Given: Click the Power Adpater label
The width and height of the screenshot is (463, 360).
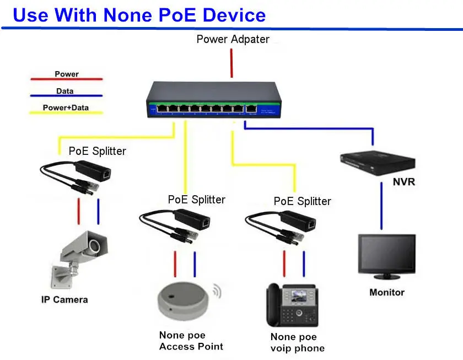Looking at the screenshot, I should pos(233,39).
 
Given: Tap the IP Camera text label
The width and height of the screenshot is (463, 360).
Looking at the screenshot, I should pos(64,300).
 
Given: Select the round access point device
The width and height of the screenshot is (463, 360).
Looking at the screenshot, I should pos(184,301).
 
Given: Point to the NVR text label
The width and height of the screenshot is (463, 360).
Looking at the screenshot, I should pos(403,182).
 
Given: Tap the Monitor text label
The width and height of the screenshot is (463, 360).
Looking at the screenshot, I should pos(386,293).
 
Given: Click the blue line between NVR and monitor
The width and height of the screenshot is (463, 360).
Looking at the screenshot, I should pos(381,204).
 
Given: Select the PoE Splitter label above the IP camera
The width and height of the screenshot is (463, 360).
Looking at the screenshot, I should pos(97,151).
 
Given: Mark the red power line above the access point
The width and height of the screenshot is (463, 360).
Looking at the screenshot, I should pos(175,264).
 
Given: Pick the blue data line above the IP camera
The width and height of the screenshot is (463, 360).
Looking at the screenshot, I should pos(99,212).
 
